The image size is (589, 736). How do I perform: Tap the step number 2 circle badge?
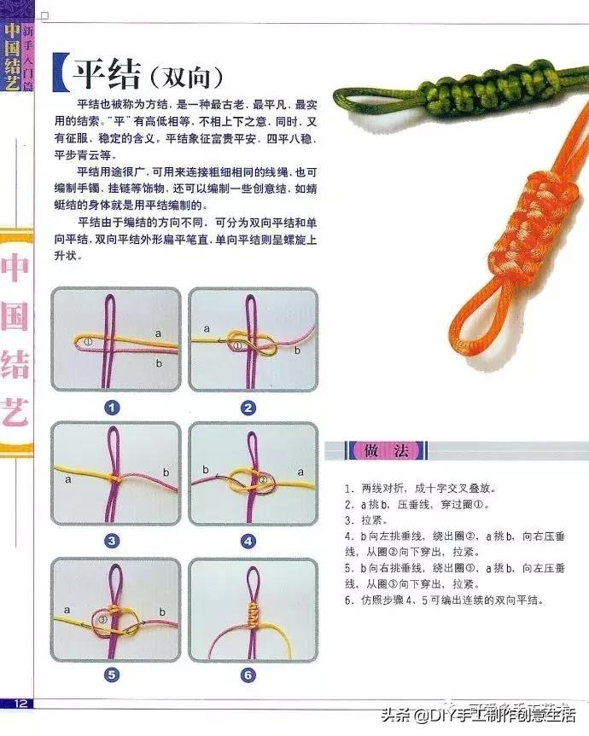[x=248, y=407]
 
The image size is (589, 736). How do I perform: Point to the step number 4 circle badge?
[x=248, y=540]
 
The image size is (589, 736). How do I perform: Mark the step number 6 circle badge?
[x=248, y=675]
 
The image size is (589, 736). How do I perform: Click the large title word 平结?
[x=105, y=74]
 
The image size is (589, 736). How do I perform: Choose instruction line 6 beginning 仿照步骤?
[x=444, y=600]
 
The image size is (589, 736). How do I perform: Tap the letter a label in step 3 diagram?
[x=67, y=480]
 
